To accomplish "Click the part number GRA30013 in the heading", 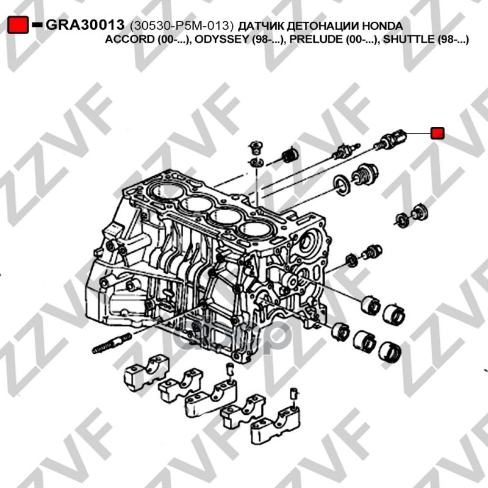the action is (85, 25).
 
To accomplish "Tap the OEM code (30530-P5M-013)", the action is (182, 26).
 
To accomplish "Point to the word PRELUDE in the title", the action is (316, 39).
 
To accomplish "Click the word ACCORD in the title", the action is (129, 39).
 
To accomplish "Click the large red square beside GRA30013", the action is (18, 24).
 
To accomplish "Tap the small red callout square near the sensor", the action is (437, 133).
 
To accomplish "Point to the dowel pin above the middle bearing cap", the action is (229, 371).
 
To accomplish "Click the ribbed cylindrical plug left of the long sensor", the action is (290, 155).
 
